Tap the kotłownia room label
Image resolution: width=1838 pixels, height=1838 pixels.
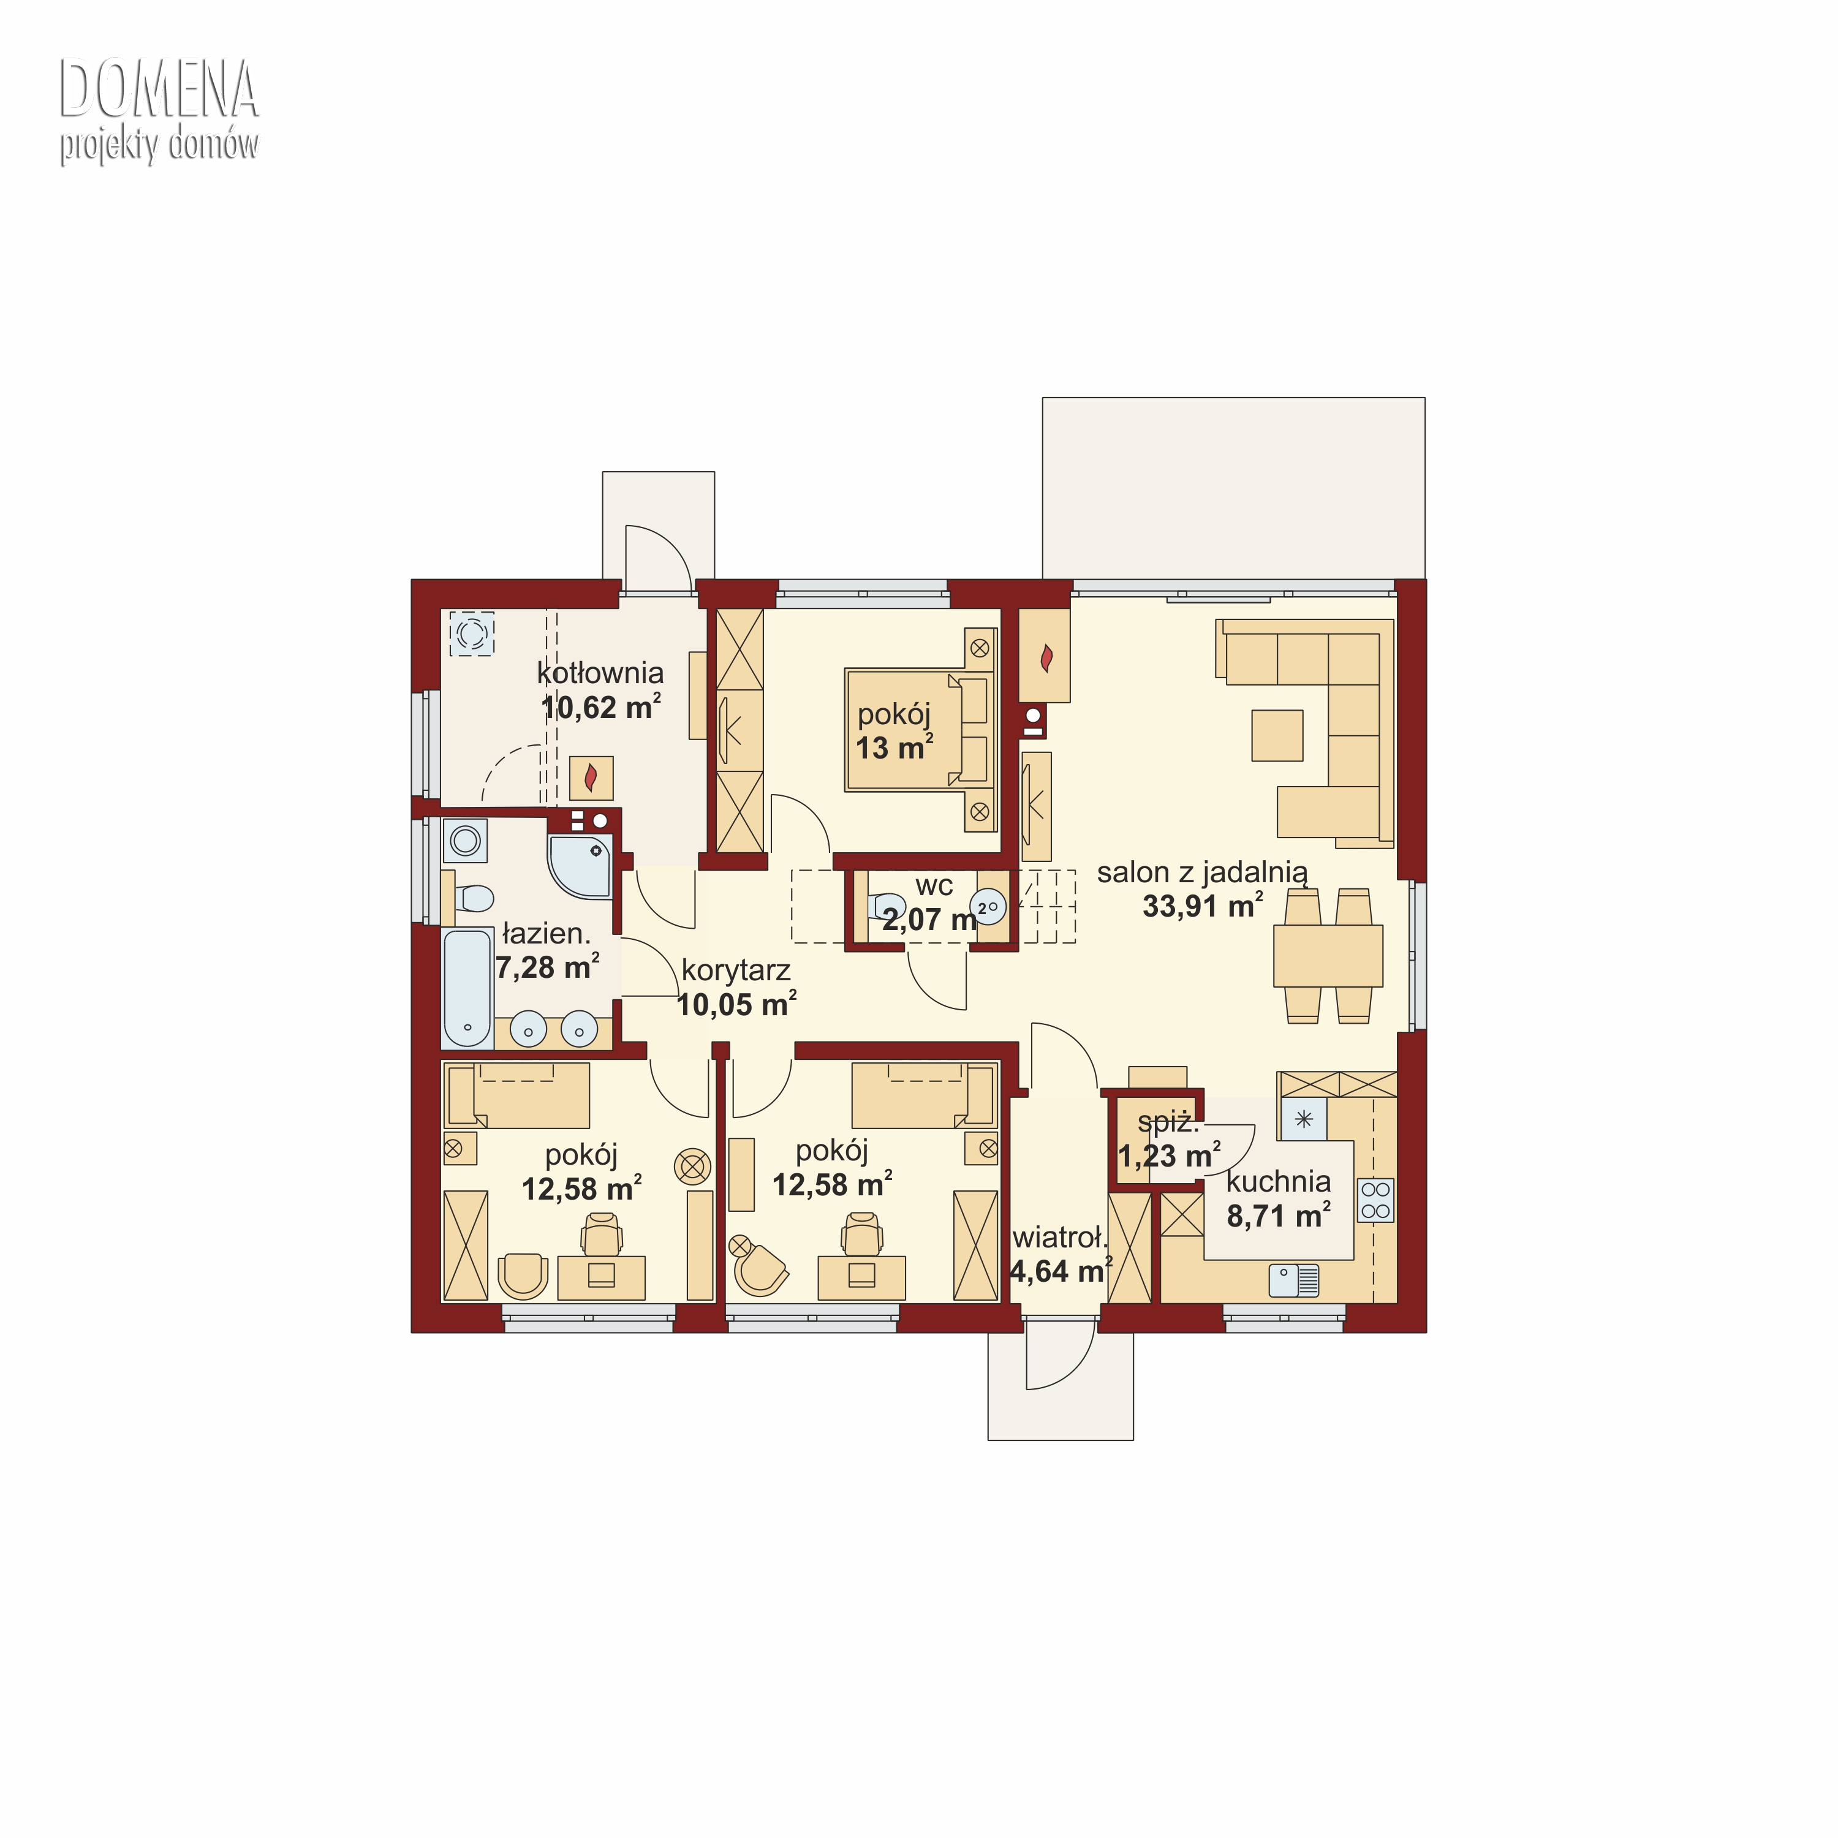[600, 673]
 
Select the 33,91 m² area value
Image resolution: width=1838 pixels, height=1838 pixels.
[1203, 905]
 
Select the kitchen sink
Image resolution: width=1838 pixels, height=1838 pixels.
[1294, 1280]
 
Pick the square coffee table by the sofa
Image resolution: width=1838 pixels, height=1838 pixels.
[1277, 735]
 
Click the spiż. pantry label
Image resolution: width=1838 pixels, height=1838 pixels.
[1168, 1122]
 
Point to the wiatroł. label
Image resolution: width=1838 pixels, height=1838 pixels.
[1061, 1238]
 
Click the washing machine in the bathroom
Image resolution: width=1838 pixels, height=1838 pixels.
[465, 840]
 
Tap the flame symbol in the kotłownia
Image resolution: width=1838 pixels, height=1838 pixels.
[591, 778]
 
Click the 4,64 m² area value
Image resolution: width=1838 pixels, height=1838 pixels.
[1061, 1271]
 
